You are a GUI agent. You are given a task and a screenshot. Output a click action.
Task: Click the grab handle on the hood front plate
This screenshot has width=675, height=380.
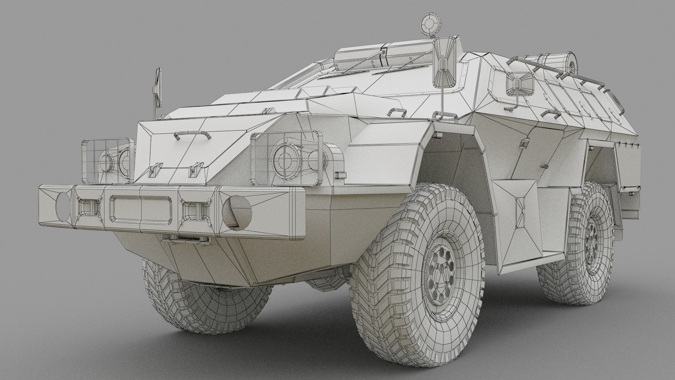click(x=190, y=134)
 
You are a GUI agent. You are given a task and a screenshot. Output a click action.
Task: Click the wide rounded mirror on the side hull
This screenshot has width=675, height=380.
click(x=519, y=84)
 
